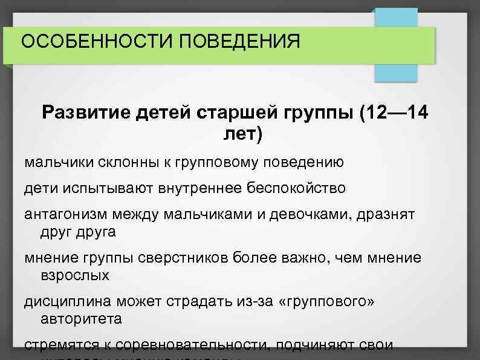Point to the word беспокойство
pyautogui.click(x=296, y=188)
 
